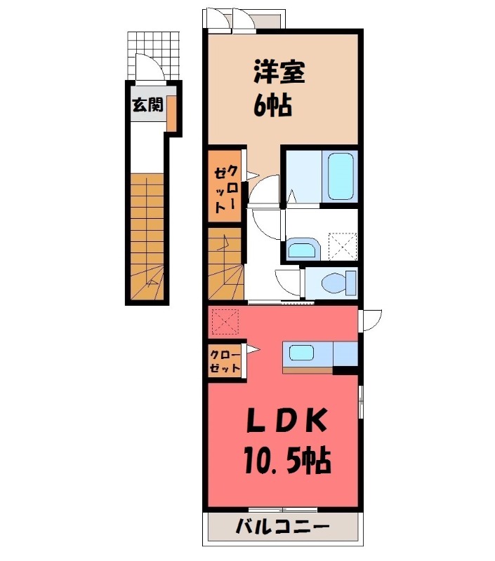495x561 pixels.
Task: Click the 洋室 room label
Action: click(279, 73)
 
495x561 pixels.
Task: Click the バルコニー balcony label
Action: click(282, 526)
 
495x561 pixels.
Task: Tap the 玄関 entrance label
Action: click(147, 106)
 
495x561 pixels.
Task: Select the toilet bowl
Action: click(331, 284)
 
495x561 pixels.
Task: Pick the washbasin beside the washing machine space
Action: click(302, 249)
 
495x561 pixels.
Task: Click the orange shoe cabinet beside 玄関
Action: click(171, 111)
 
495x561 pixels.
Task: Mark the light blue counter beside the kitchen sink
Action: click(345, 353)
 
